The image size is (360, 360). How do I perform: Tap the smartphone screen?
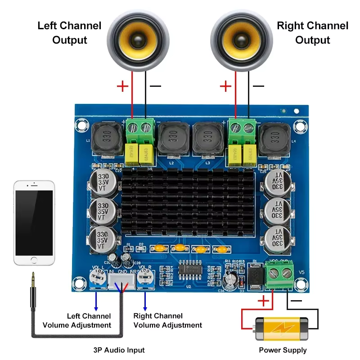34,222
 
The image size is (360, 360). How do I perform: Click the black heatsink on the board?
191,202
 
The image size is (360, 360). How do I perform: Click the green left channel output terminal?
139,129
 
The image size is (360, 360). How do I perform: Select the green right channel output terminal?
242,129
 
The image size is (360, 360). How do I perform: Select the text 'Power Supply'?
283,350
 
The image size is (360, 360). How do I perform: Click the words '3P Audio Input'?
119,350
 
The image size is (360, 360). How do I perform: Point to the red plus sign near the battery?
263,301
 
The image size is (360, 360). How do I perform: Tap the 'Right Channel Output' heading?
312,32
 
